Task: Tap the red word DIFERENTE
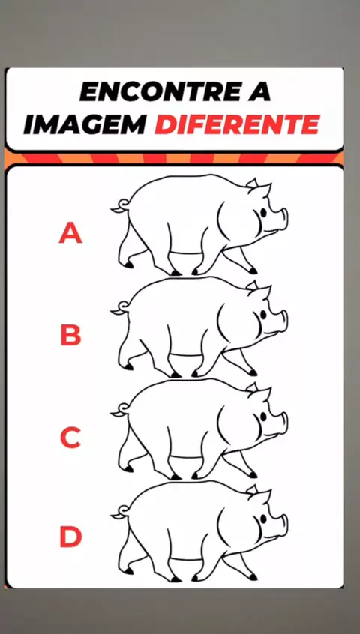(x=237, y=125)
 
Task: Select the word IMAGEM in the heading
(x=85, y=125)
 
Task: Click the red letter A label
(x=70, y=233)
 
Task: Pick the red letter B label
(x=70, y=336)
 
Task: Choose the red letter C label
(x=70, y=438)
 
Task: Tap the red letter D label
(x=70, y=537)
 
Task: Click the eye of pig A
(x=264, y=212)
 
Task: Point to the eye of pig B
(x=264, y=314)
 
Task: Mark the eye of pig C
(x=264, y=416)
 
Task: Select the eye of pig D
(x=264, y=518)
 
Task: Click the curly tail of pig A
(x=120, y=206)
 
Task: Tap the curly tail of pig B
(x=120, y=308)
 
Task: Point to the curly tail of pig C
(x=120, y=410)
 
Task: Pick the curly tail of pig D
(x=120, y=512)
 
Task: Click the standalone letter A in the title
(x=258, y=93)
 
